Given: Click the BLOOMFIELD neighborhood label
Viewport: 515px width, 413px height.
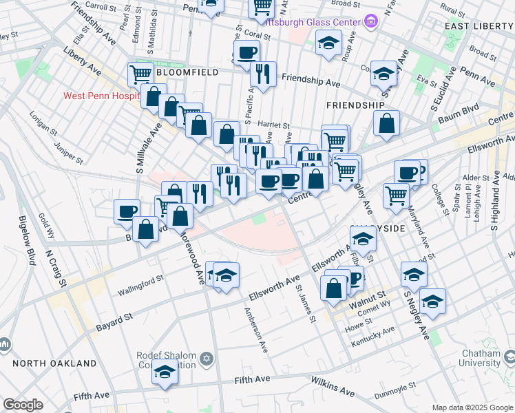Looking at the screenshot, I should click(187, 72).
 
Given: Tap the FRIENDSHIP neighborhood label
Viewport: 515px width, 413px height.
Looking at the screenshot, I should click(355, 105).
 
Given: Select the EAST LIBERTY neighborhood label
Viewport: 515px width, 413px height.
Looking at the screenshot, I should click(479, 26).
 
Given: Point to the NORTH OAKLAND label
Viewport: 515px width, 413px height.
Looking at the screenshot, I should click(54, 363).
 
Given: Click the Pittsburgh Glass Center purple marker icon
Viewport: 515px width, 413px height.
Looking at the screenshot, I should click(371, 22).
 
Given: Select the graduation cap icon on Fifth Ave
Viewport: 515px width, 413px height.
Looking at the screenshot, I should click(165, 372).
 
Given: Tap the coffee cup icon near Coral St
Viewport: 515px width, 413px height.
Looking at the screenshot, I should click(246, 52).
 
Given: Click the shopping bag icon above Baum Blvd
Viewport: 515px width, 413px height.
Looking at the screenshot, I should click(387, 124).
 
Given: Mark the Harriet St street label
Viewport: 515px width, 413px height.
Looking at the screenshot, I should click(273, 125).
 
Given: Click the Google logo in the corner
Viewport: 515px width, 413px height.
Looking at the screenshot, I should click(23, 405).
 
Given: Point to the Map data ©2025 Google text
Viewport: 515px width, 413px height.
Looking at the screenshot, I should click(472, 407).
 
